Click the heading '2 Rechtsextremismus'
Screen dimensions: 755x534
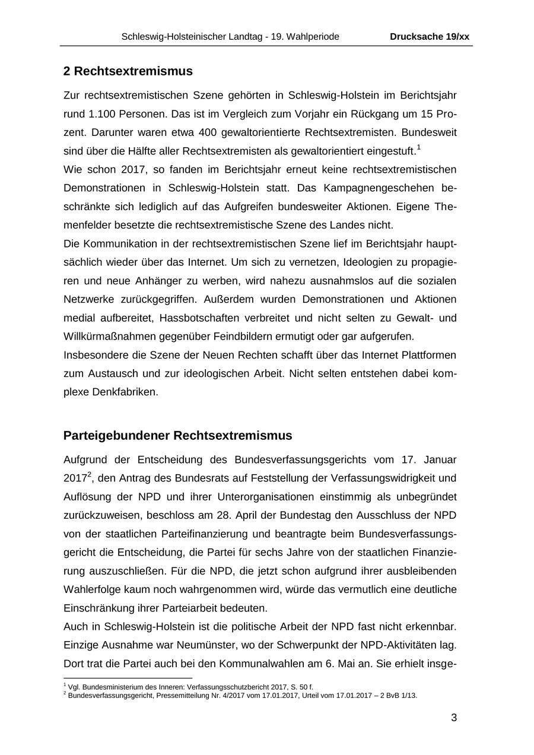pos(128,71)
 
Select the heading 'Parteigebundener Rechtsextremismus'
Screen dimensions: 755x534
pos(177,436)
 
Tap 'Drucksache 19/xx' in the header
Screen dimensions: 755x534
pos(430,37)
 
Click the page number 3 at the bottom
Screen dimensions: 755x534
pos(454,718)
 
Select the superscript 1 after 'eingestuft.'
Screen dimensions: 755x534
pos(418,147)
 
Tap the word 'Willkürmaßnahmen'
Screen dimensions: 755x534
pos(109,336)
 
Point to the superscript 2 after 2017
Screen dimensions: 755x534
pos(89,474)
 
